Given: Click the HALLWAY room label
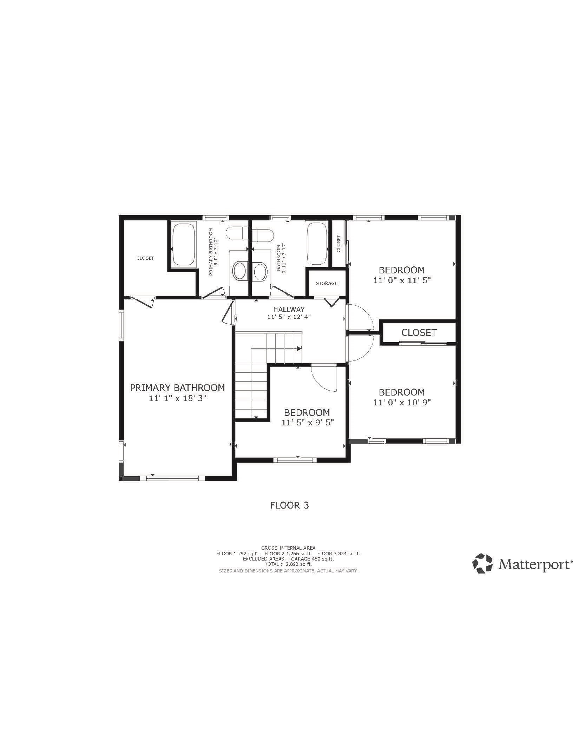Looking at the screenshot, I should pyautogui.click(x=289, y=309).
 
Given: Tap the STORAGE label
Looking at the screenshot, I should pyautogui.click(x=327, y=283).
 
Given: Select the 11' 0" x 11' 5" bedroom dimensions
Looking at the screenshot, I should pyautogui.click(x=401, y=280).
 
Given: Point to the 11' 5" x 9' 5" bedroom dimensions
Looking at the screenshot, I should pyautogui.click(x=307, y=423).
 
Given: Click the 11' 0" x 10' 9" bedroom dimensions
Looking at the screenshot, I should pyautogui.click(x=402, y=402).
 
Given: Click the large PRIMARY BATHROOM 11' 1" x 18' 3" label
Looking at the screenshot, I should pyautogui.click(x=177, y=393).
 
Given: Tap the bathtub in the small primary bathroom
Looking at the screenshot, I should pyautogui.click(x=183, y=244).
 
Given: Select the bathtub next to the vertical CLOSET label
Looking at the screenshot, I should pyautogui.click(x=317, y=244).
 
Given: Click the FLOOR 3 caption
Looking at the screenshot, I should pyautogui.click(x=289, y=505).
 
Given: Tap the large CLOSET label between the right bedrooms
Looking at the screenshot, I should pyautogui.click(x=419, y=332).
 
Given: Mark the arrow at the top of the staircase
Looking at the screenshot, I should pyautogui.click(x=299, y=349).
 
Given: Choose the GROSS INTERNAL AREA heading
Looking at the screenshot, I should pyautogui.click(x=288, y=548).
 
